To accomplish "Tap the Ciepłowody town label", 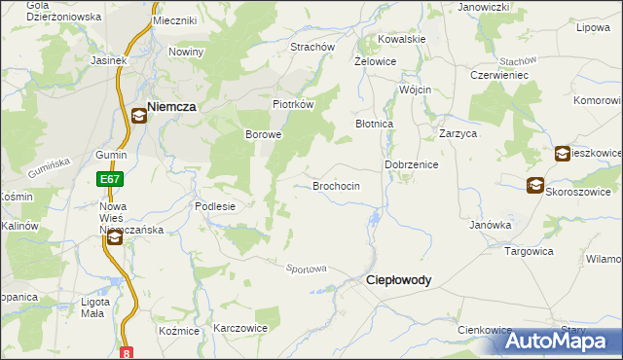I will click(x=397, y=279).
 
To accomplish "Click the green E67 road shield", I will click(x=108, y=179).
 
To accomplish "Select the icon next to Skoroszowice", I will click(x=535, y=186).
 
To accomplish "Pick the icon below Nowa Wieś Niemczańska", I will click(x=114, y=237).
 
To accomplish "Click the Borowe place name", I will click(x=262, y=134).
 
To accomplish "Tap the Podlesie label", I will click(x=215, y=206).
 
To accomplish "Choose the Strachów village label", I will click(x=312, y=47).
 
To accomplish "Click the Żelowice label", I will click(x=374, y=60).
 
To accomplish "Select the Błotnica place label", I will click(x=374, y=125).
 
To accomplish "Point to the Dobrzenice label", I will click(x=412, y=165).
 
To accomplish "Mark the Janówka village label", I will click(x=491, y=225).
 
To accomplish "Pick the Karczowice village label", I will click(x=240, y=329).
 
